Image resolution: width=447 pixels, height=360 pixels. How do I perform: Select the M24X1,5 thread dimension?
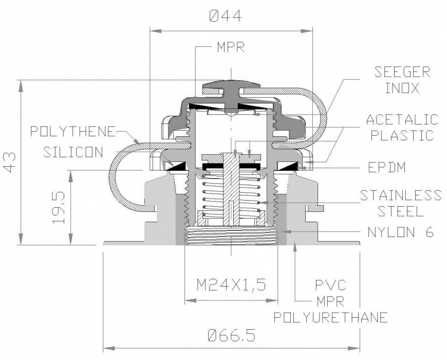(231, 284)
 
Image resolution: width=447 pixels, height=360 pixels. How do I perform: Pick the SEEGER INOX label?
(402, 79)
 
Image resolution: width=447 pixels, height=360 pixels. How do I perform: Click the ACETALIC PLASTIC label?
(402, 128)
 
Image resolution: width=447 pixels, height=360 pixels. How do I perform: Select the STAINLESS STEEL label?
(400, 203)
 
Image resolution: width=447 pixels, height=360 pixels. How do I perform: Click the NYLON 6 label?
(400, 232)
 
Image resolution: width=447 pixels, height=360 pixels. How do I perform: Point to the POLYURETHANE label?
(330, 317)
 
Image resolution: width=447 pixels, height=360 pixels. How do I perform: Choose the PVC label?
(330, 284)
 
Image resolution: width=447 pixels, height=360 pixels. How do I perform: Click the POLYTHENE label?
(72, 131)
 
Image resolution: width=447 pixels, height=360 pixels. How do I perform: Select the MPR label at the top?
(231, 48)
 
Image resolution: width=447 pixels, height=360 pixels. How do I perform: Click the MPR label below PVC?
(330, 300)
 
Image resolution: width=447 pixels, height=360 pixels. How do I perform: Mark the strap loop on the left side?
(116, 175)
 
